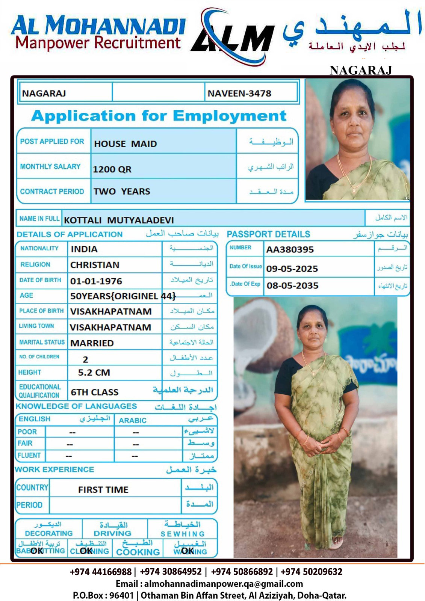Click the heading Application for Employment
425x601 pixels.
pyautogui.click(x=159, y=116)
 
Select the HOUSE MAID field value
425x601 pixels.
pyautogui.click(x=126, y=144)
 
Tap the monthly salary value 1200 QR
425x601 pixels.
pyautogui.click(x=112, y=169)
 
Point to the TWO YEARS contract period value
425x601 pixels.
pyautogui.click(x=122, y=192)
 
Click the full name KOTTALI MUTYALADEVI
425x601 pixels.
pyautogui.click(x=119, y=220)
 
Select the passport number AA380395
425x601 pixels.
pyautogui.click(x=290, y=249)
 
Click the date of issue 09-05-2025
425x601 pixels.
pyautogui.click(x=292, y=269)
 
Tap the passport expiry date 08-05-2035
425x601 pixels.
pyautogui.click(x=292, y=286)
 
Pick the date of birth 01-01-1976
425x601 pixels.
pyautogui.click(x=96, y=281)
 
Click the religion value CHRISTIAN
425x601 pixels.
pyautogui.click(x=95, y=265)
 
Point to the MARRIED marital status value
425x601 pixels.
pyautogui.click(x=92, y=343)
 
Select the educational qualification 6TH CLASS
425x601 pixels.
pyautogui.click(x=94, y=392)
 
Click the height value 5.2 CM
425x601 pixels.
pyautogui.click(x=94, y=373)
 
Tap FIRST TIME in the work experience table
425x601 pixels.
pyautogui.click(x=103, y=490)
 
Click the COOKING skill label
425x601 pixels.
pyautogui.click(x=138, y=552)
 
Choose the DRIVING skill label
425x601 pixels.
pyautogui.click(x=112, y=533)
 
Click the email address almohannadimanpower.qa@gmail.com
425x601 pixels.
pyautogui.click(x=224, y=584)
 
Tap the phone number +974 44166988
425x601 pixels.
pyautogui.click(x=101, y=572)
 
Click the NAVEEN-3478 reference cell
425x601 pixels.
pyautogui.click(x=239, y=94)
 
